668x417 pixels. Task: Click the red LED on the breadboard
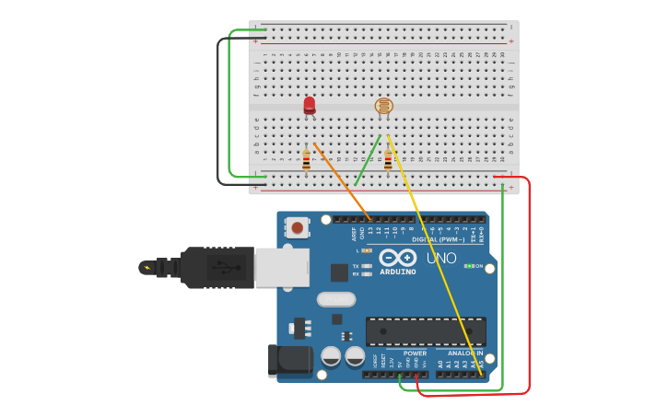(310, 106)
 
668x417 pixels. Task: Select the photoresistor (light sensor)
(384, 107)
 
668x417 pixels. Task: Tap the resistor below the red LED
(306, 161)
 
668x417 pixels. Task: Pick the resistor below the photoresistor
(388, 161)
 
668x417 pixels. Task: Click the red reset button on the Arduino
(298, 226)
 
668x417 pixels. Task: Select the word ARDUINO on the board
(397, 272)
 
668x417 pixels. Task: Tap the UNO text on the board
(441, 259)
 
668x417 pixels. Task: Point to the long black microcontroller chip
(425, 331)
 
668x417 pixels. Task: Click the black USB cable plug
(217, 268)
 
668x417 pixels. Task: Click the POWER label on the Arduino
(415, 353)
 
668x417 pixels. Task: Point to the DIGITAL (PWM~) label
(439, 239)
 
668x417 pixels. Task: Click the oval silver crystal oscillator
(335, 299)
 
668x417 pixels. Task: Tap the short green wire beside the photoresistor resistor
(368, 160)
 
